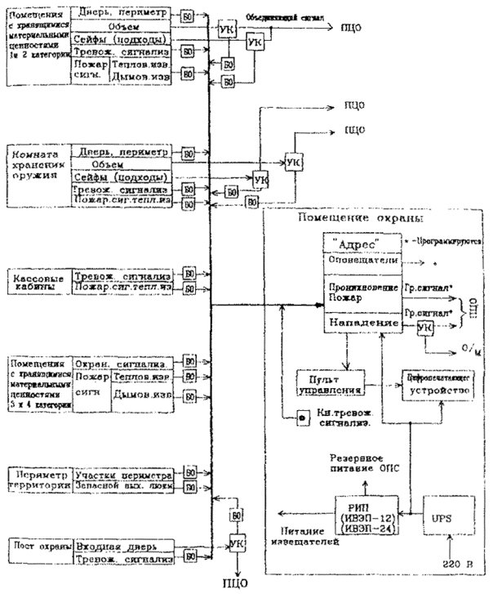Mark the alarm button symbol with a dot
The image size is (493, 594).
301,418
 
